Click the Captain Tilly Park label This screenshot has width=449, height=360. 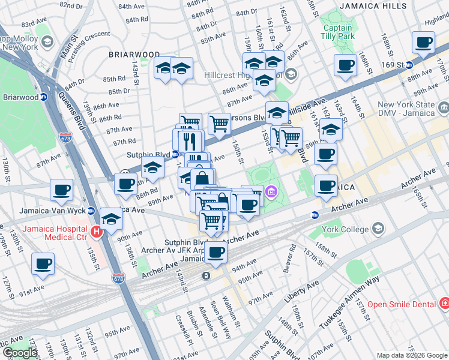click(x=338, y=32)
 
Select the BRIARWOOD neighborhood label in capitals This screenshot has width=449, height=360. click(x=134, y=54)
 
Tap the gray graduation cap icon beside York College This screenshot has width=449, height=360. click(x=379, y=228)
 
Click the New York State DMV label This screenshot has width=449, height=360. click(x=405, y=109)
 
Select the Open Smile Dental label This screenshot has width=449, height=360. click(x=401, y=304)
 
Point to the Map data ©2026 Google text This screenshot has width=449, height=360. click(x=411, y=355)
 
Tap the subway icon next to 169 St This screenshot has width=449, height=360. click(x=409, y=65)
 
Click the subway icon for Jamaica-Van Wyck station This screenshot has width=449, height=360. click(x=91, y=211)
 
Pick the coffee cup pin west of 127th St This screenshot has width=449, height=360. click(x=43, y=264)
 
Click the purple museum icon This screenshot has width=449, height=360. click(x=271, y=192)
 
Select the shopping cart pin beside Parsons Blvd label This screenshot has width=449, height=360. click(x=219, y=124)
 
